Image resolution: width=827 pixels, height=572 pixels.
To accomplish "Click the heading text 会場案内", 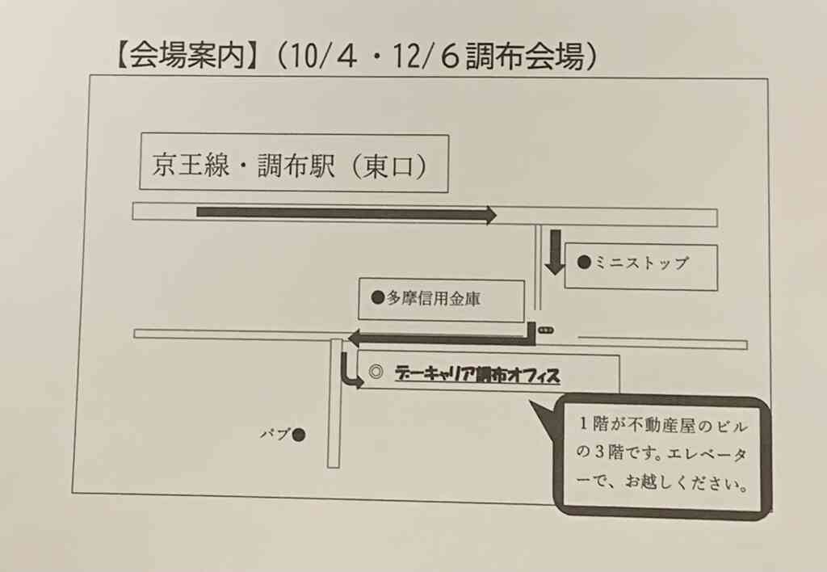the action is point(187,55).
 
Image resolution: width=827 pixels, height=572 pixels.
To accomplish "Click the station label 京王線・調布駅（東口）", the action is point(289,166).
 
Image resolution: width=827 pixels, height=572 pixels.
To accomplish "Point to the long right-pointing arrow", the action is point(346,213).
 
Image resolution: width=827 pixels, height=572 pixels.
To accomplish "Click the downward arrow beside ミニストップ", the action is point(555,252).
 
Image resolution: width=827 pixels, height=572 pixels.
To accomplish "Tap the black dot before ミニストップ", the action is point(584,262).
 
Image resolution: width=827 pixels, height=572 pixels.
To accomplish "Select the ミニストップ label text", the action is point(642,263).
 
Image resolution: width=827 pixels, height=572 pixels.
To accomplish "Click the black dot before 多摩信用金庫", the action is point(378,297).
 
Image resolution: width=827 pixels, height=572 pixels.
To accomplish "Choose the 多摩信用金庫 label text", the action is point(434,299).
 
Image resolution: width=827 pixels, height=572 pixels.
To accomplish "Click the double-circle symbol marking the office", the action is point(376,372).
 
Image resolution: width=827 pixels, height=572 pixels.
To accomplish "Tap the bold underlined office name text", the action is point(477,374).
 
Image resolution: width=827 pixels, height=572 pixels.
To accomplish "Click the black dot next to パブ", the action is point(299,435).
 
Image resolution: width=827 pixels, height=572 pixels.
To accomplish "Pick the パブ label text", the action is point(275,435).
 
